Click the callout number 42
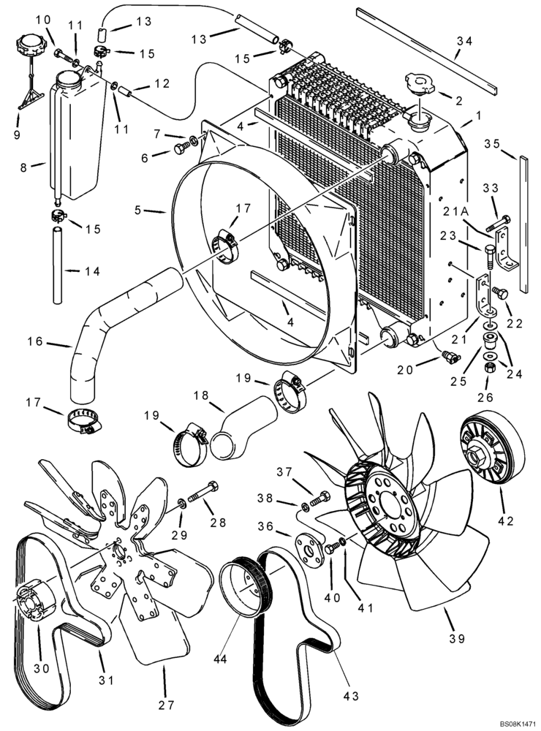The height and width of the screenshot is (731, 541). coord(506,520)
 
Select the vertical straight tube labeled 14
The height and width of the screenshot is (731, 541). coord(58,267)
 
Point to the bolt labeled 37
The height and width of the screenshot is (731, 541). coord(320,501)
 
